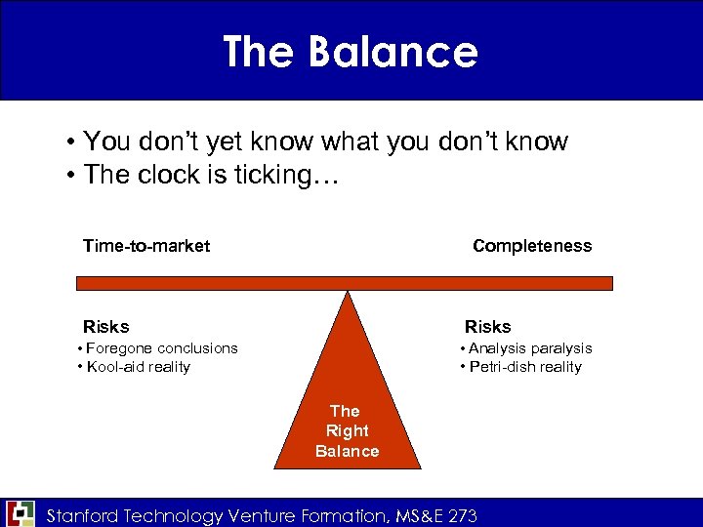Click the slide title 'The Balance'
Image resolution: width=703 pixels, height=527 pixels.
coord(351,52)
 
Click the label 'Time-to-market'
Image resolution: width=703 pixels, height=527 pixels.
coord(146,246)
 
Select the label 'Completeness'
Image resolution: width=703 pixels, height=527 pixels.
coord(532,246)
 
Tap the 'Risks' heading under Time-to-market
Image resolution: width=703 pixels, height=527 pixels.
coord(106,327)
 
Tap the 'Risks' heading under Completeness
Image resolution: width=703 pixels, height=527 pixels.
coord(487,327)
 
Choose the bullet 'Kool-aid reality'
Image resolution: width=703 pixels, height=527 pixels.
coord(138,367)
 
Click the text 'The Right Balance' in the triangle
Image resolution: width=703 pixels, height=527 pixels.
coord(347,430)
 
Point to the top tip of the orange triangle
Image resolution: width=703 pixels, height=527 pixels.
coord(347,293)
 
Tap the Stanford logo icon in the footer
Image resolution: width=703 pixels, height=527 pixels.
coord(20,513)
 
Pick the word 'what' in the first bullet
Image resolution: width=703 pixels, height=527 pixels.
coord(349,142)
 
